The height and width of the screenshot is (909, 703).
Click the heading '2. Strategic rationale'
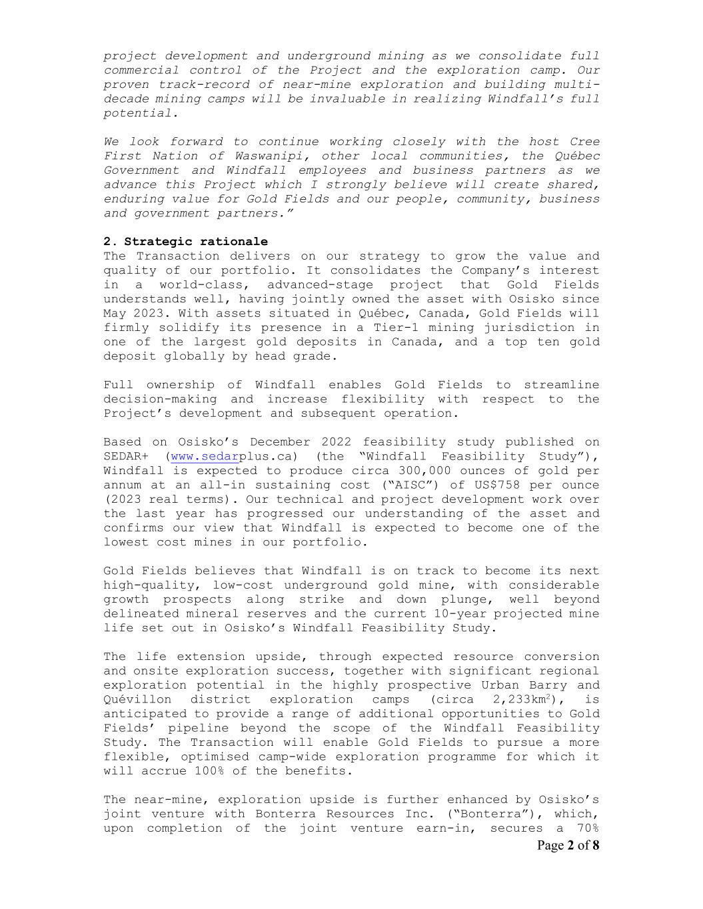coord(185,242)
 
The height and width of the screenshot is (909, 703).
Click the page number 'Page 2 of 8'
coord(568,846)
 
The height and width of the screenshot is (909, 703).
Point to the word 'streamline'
coord(561,385)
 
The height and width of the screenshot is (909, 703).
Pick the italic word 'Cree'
coord(584,141)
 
